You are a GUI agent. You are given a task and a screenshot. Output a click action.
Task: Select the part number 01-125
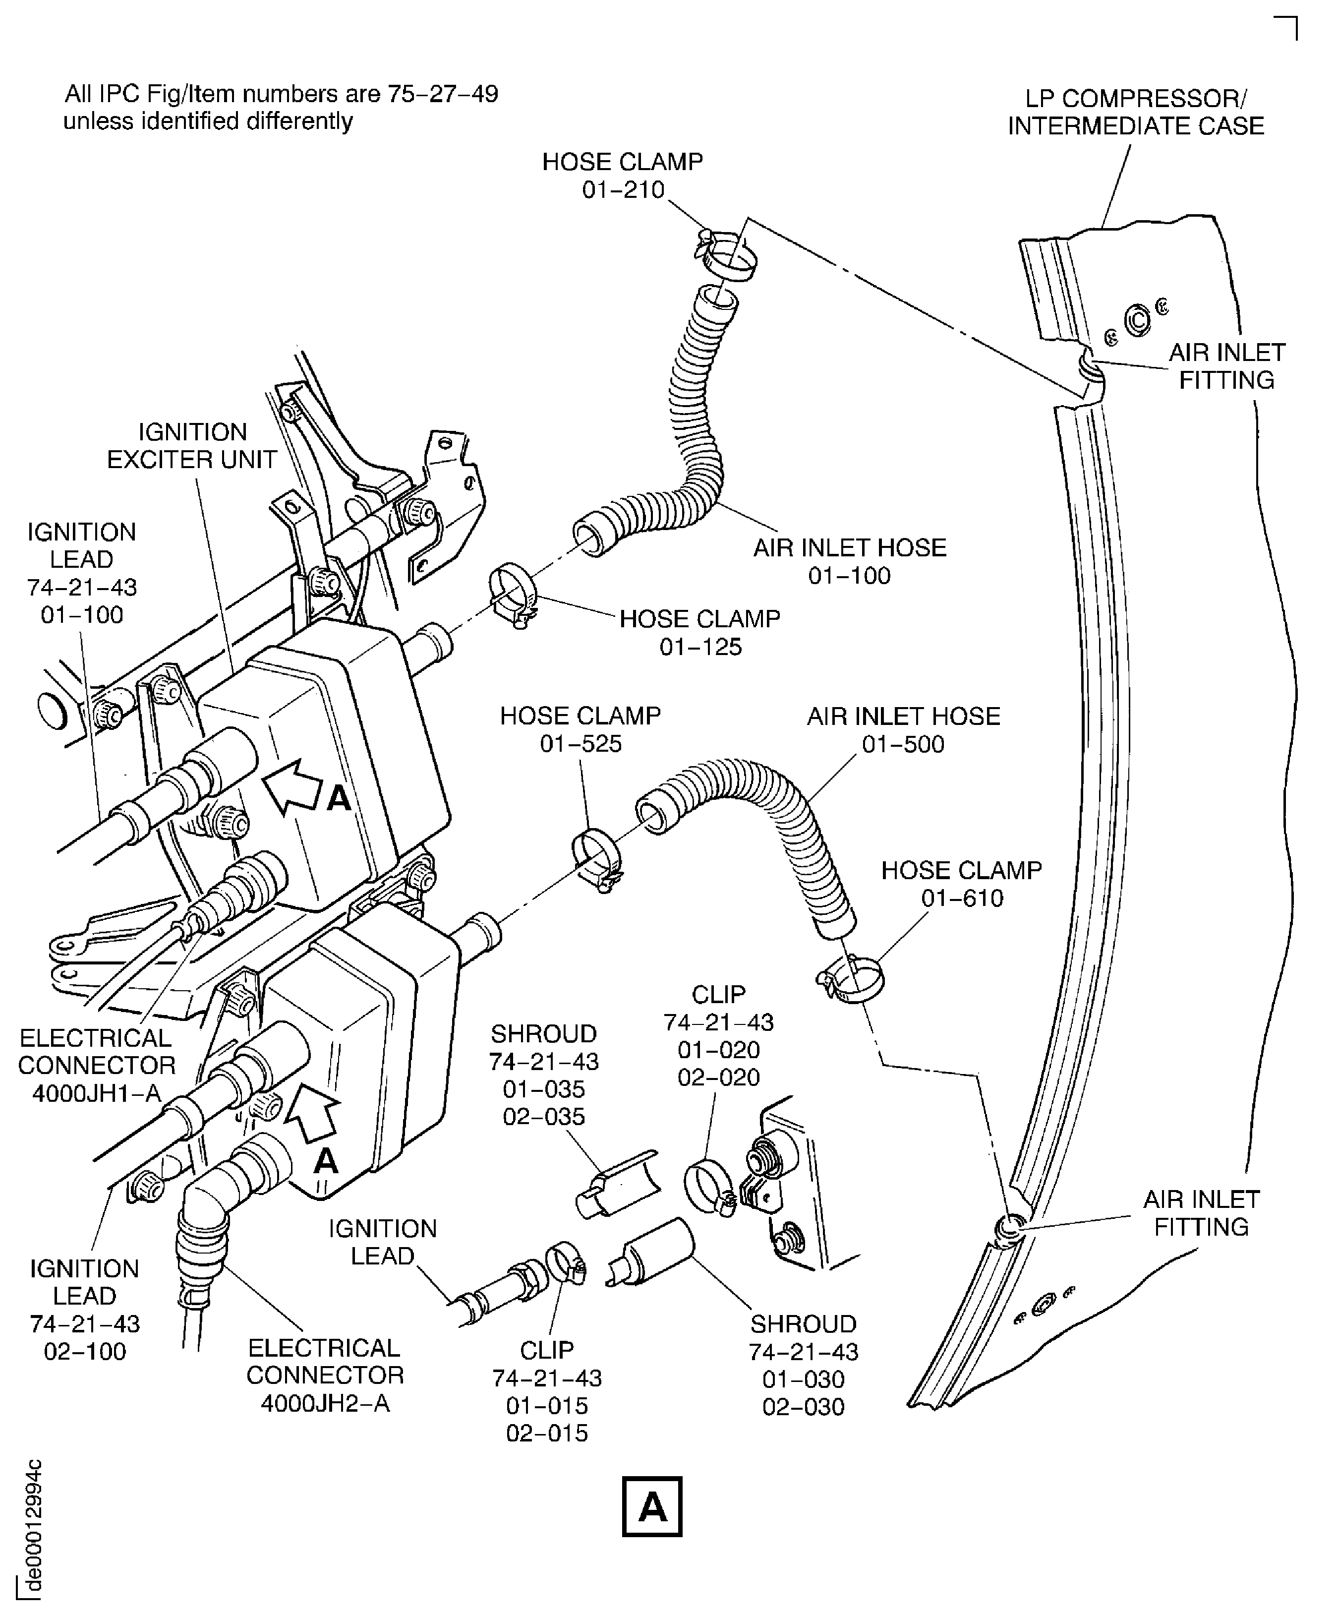(x=700, y=647)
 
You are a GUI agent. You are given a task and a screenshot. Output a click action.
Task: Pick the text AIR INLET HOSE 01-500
(x=903, y=729)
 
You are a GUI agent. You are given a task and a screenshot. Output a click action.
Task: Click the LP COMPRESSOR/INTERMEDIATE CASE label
(x=1135, y=113)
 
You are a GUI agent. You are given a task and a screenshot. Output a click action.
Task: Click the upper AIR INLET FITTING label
(x=1226, y=366)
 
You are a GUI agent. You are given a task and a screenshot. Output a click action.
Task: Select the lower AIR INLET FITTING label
(x=1201, y=1213)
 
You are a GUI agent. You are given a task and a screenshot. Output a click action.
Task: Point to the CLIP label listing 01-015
(x=547, y=1390)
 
